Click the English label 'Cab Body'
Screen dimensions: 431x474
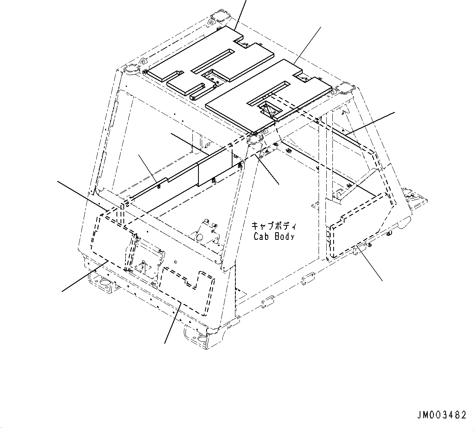click(274, 236)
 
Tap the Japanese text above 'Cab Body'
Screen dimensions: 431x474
click(274, 226)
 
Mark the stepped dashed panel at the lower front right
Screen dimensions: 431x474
click(187, 284)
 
